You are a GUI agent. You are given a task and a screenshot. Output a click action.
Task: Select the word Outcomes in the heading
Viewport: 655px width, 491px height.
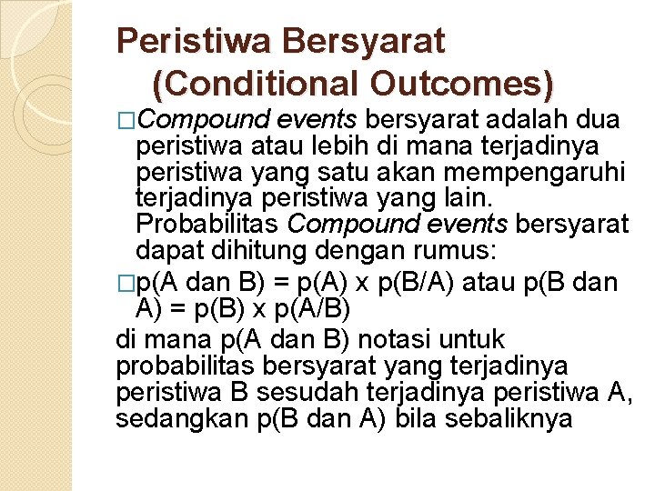465,84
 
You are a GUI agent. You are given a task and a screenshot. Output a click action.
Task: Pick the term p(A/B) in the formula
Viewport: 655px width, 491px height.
311,309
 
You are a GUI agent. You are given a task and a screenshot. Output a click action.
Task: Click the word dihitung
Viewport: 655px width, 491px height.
248,251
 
